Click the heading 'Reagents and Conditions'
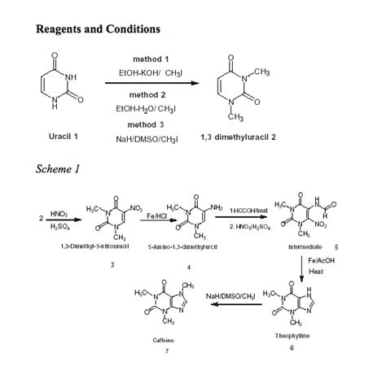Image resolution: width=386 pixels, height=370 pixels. (99, 29)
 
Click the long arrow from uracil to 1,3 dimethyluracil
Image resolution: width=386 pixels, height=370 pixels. (156, 82)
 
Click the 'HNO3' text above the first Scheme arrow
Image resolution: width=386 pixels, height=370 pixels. (59, 212)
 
